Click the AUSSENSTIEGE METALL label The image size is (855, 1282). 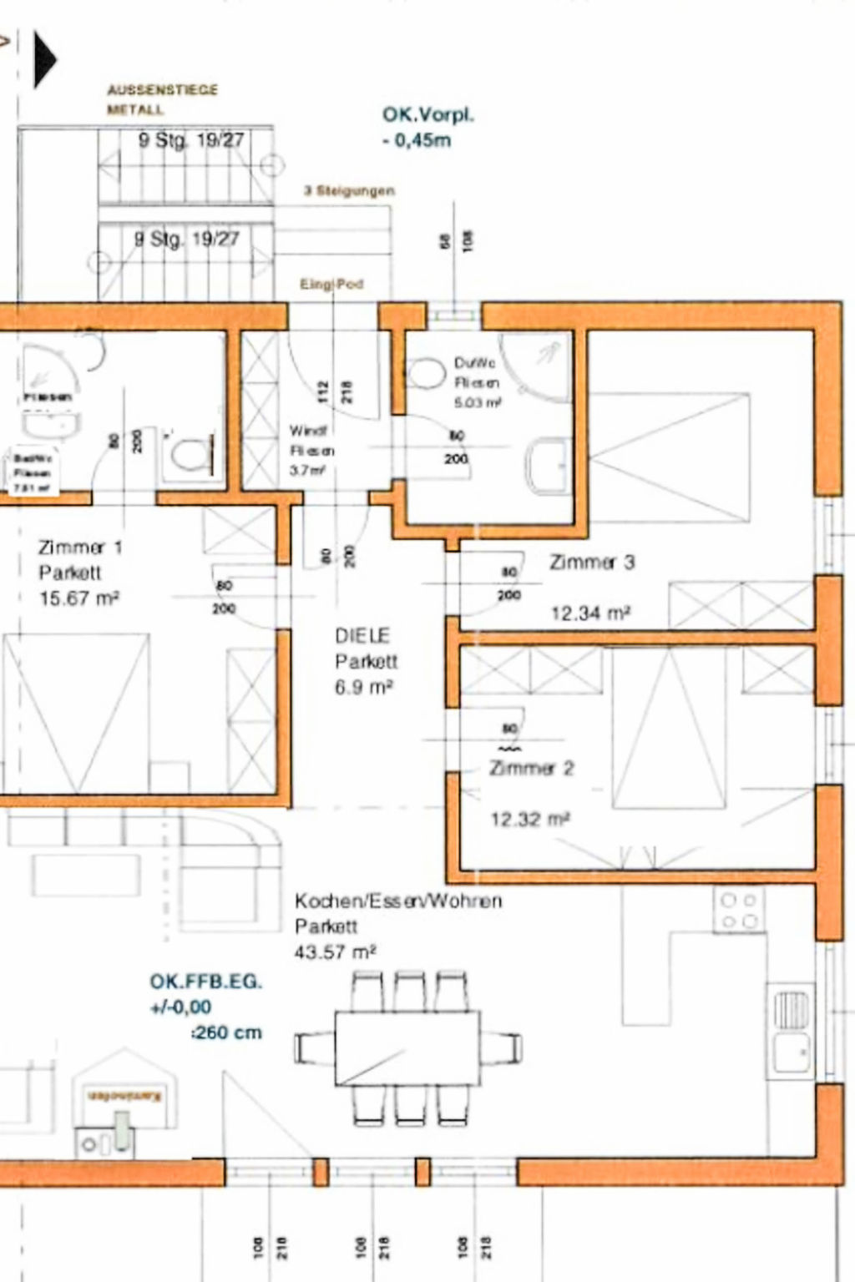tap(162, 98)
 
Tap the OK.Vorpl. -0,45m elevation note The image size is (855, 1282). tap(427, 127)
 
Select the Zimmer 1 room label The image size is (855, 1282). tap(80, 548)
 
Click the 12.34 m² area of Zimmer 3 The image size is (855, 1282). tap(589, 613)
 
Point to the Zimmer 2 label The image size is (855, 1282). tap(532, 768)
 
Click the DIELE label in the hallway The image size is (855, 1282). tap(362, 636)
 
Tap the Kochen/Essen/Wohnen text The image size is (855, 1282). tap(398, 901)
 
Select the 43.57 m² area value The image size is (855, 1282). tap(335, 951)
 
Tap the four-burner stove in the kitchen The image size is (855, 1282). tap(738, 911)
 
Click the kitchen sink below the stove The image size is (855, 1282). tap(790, 1032)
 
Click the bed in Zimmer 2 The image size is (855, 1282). tap(668, 728)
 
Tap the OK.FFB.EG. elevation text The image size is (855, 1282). tap(205, 982)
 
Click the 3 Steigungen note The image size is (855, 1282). tap(349, 191)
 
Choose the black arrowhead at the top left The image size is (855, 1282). tap(44, 59)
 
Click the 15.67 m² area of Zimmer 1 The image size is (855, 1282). tap(78, 598)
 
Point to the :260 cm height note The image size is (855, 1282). tap(226, 1032)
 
